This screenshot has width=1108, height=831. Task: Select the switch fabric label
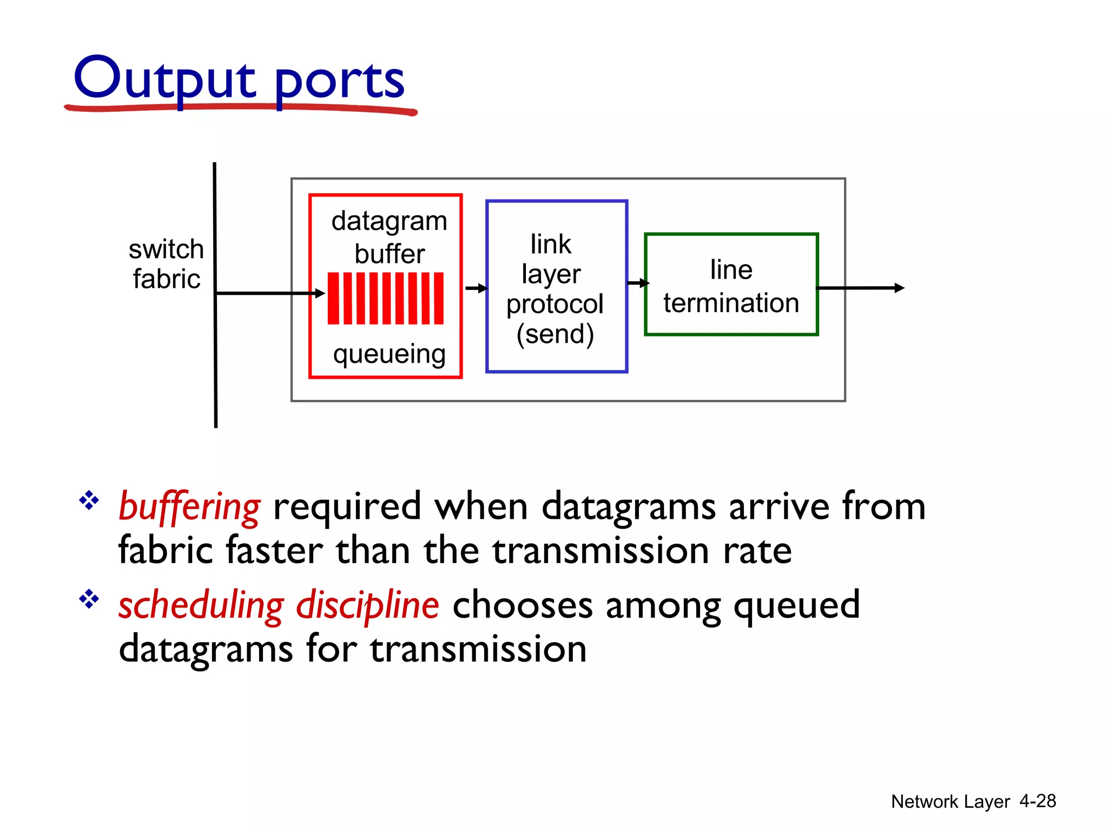pos(167,264)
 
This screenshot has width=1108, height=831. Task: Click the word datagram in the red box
pos(389,221)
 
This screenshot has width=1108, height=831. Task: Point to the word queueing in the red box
pos(389,354)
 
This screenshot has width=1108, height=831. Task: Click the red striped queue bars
pos(385,298)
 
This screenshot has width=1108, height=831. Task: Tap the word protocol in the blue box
pos(555,304)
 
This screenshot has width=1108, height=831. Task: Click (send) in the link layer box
pos(555,334)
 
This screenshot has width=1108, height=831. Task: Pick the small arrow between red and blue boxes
pos(476,288)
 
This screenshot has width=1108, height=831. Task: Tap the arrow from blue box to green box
pos(638,283)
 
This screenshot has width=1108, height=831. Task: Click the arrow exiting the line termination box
pos(860,288)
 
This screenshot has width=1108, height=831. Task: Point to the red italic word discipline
pos(367,605)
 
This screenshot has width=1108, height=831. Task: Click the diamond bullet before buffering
pos(89,500)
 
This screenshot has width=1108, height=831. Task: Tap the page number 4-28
pos(1037,801)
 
